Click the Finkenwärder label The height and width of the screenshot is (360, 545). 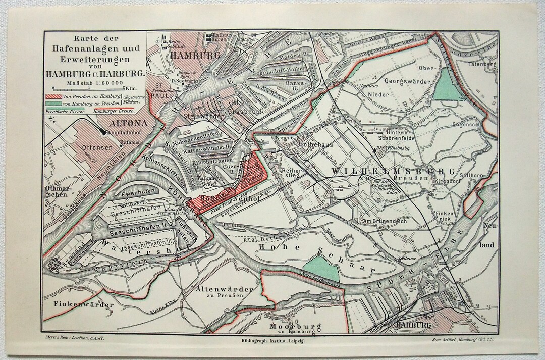point(84,304)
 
